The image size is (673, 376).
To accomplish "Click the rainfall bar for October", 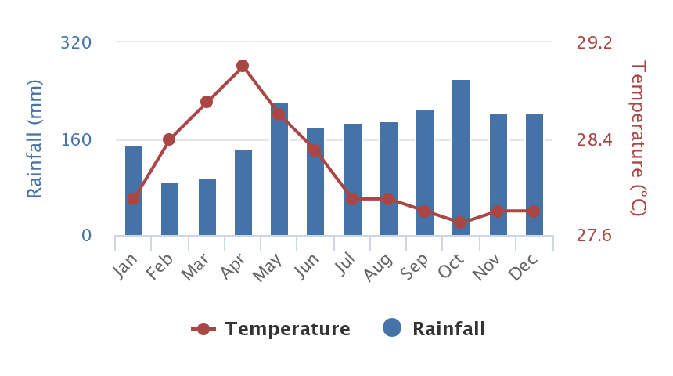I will pos(461,157).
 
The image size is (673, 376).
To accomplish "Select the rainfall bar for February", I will pos(170,209).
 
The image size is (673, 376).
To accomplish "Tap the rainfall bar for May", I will pos(279,169).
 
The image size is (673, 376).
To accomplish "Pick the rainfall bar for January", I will pos(134,190).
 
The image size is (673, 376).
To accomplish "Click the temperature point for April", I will pos(243,66).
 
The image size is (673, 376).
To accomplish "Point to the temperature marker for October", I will pos(461,222).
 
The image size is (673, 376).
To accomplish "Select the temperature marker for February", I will pos(169,139).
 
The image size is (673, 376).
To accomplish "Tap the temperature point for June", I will pos(315,150).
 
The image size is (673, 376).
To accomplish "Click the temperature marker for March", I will pos(207,102).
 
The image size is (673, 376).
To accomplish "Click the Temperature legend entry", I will pos(271,329).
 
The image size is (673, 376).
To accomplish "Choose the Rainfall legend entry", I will pos(435,329).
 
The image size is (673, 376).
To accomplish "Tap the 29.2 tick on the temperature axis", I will pos(595,42).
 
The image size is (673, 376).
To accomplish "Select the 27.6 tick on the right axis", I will pos(595,236).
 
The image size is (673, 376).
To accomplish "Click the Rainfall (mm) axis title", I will pos(34,139).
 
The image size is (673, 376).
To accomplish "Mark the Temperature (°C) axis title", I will pos(639,139).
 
